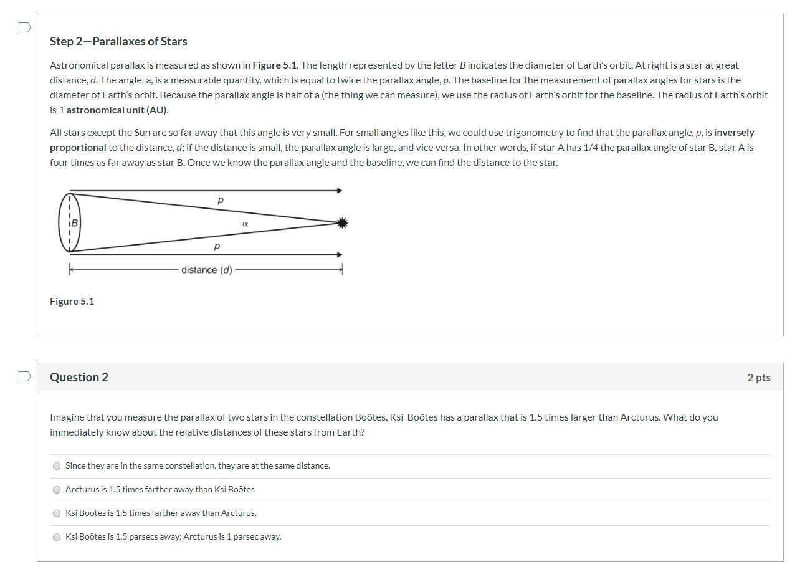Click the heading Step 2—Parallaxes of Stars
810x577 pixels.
click(118, 42)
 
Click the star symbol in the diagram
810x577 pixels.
click(341, 223)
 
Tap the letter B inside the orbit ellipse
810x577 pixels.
click(75, 222)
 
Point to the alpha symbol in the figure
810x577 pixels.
click(245, 223)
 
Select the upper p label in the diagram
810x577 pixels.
click(220, 200)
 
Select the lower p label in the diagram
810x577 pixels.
click(217, 246)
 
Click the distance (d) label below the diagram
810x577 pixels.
click(207, 270)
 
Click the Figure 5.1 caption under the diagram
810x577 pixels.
click(72, 302)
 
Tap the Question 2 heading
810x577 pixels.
click(79, 378)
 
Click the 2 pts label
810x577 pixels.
click(758, 378)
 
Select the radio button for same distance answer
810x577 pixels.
click(57, 466)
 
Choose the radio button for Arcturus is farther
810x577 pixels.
click(57, 490)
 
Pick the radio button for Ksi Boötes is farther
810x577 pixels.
click(57, 513)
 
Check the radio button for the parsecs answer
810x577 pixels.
click(57, 537)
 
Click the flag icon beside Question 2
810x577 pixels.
click(24, 376)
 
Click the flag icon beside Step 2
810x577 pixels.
click(24, 27)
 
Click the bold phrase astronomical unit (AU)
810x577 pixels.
click(117, 110)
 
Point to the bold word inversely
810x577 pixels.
click(734, 133)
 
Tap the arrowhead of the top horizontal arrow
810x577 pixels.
click(340, 191)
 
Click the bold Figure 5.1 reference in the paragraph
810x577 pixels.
click(275, 65)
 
